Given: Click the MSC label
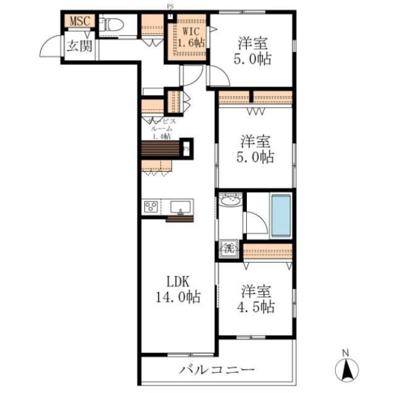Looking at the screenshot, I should pyautogui.click(x=79, y=21).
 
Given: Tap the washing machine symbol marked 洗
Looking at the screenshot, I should pyautogui.click(x=229, y=249).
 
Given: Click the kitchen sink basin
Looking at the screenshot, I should pyautogui.click(x=181, y=206).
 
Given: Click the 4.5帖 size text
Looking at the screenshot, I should pyautogui.click(x=257, y=306).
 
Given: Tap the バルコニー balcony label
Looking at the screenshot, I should pyautogui.click(x=217, y=370).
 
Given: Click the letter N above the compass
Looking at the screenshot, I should pyautogui.click(x=346, y=353).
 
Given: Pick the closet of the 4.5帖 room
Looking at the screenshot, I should pyautogui.click(x=267, y=252).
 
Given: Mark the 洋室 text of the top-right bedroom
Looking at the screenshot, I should pyautogui.click(x=254, y=44).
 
